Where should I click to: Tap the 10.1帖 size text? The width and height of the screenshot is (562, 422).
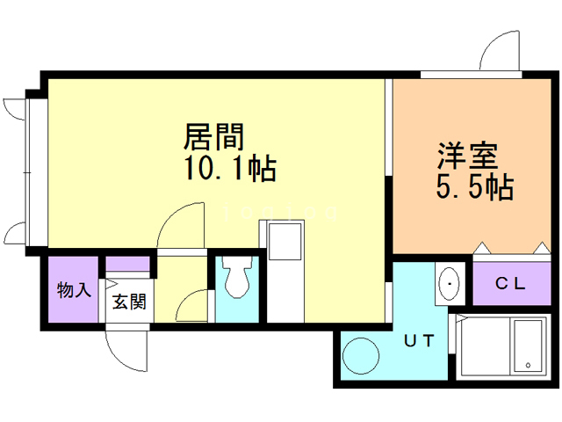point(230,168)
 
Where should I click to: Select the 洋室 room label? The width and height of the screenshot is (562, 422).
point(469,156)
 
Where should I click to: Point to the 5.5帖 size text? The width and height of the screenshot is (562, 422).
point(474,186)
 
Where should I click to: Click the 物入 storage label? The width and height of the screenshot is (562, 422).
point(74,290)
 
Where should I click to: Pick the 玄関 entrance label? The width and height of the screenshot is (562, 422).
point(128,302)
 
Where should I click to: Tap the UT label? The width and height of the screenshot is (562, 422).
point(419,341)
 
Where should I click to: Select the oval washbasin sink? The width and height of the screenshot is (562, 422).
point(450,284)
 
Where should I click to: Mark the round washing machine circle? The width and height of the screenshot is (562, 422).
point(361,356)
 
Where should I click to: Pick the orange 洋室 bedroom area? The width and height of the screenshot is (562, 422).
point(465,211)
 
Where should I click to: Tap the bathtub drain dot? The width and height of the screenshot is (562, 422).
point(528,365)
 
